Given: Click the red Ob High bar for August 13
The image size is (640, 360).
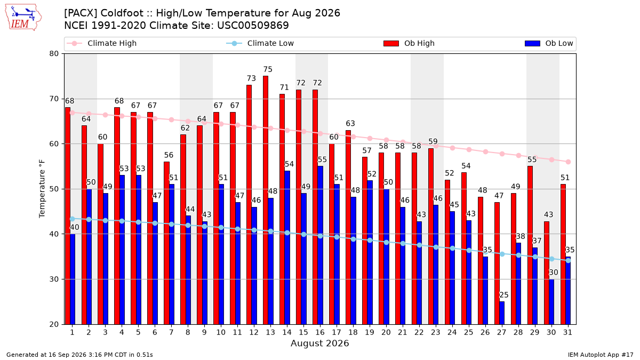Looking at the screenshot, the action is click(x=266, y=200).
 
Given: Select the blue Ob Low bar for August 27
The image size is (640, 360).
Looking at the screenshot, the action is click(x=502, y=313).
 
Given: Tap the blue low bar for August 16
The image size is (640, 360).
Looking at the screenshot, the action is click(x=321, y=245).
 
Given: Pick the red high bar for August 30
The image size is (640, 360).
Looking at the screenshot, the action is click(x=547, y=273).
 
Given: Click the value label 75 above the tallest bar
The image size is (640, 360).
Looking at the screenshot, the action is click(x=268, y=69).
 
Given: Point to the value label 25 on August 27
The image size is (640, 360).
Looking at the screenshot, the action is click(x=503, y=295).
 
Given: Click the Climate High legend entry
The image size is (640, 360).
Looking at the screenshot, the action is click(x=102, y=43).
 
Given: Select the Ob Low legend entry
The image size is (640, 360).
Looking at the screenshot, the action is click(x=549, y=43).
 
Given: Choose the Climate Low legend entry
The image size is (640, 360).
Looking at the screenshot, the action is click(x=260, y=43).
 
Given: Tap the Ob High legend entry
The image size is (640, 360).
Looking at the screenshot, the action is click(x=409, y=43).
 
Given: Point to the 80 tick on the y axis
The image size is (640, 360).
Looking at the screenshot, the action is click(x=54, y=54).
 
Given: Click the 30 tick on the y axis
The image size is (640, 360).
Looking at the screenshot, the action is click(x=54, y=279).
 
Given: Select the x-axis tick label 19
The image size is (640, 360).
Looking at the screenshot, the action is click(x=370, y=332).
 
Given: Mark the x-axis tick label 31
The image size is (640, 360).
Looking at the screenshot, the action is click(x=567, y=332).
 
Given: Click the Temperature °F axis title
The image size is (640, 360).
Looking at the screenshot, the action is click(x=42, y=189).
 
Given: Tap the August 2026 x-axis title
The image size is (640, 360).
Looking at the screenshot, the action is click(x=319, y=343).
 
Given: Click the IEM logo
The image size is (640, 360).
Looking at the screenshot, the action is click(x=23, y=18).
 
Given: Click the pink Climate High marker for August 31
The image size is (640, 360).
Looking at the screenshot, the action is click(x=568, y=162).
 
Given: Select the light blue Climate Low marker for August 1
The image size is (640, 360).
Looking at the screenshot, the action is click(x=73, y=219).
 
